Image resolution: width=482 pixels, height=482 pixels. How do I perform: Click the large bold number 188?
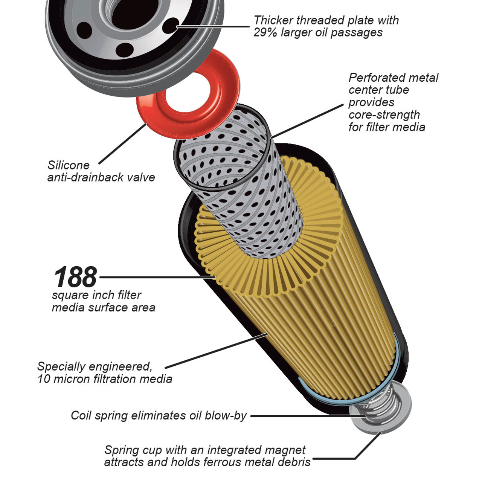click(75, 277)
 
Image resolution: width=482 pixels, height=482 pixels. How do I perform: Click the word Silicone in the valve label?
click(68, 165)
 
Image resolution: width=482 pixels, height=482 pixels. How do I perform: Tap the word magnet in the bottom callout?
click(285, 450)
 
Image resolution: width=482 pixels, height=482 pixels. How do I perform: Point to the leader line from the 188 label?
click(154, 277)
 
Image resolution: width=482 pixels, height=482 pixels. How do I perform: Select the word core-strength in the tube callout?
click(384, 115)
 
